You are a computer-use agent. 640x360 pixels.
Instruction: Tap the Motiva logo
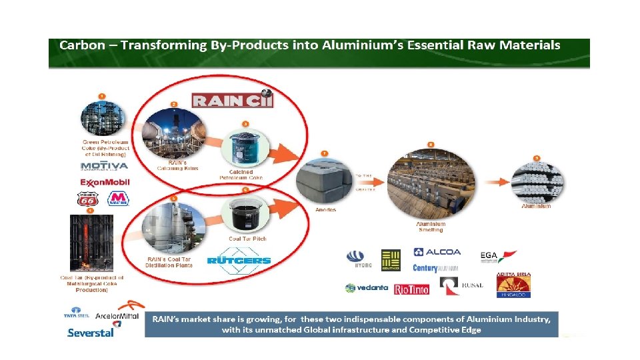(104, 165)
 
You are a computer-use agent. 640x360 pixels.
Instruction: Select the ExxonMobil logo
(105, 183)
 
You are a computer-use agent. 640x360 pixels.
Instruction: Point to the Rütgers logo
(239, 260)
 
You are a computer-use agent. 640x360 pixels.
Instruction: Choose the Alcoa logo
(437, 252)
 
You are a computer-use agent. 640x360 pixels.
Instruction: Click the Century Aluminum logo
(435, 268)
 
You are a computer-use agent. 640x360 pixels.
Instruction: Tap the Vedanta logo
(367, 288)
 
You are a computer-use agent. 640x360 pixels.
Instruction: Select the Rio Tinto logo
(411, 289)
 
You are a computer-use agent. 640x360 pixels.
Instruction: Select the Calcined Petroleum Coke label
(241, 175)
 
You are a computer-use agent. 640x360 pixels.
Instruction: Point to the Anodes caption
(325, 209)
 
